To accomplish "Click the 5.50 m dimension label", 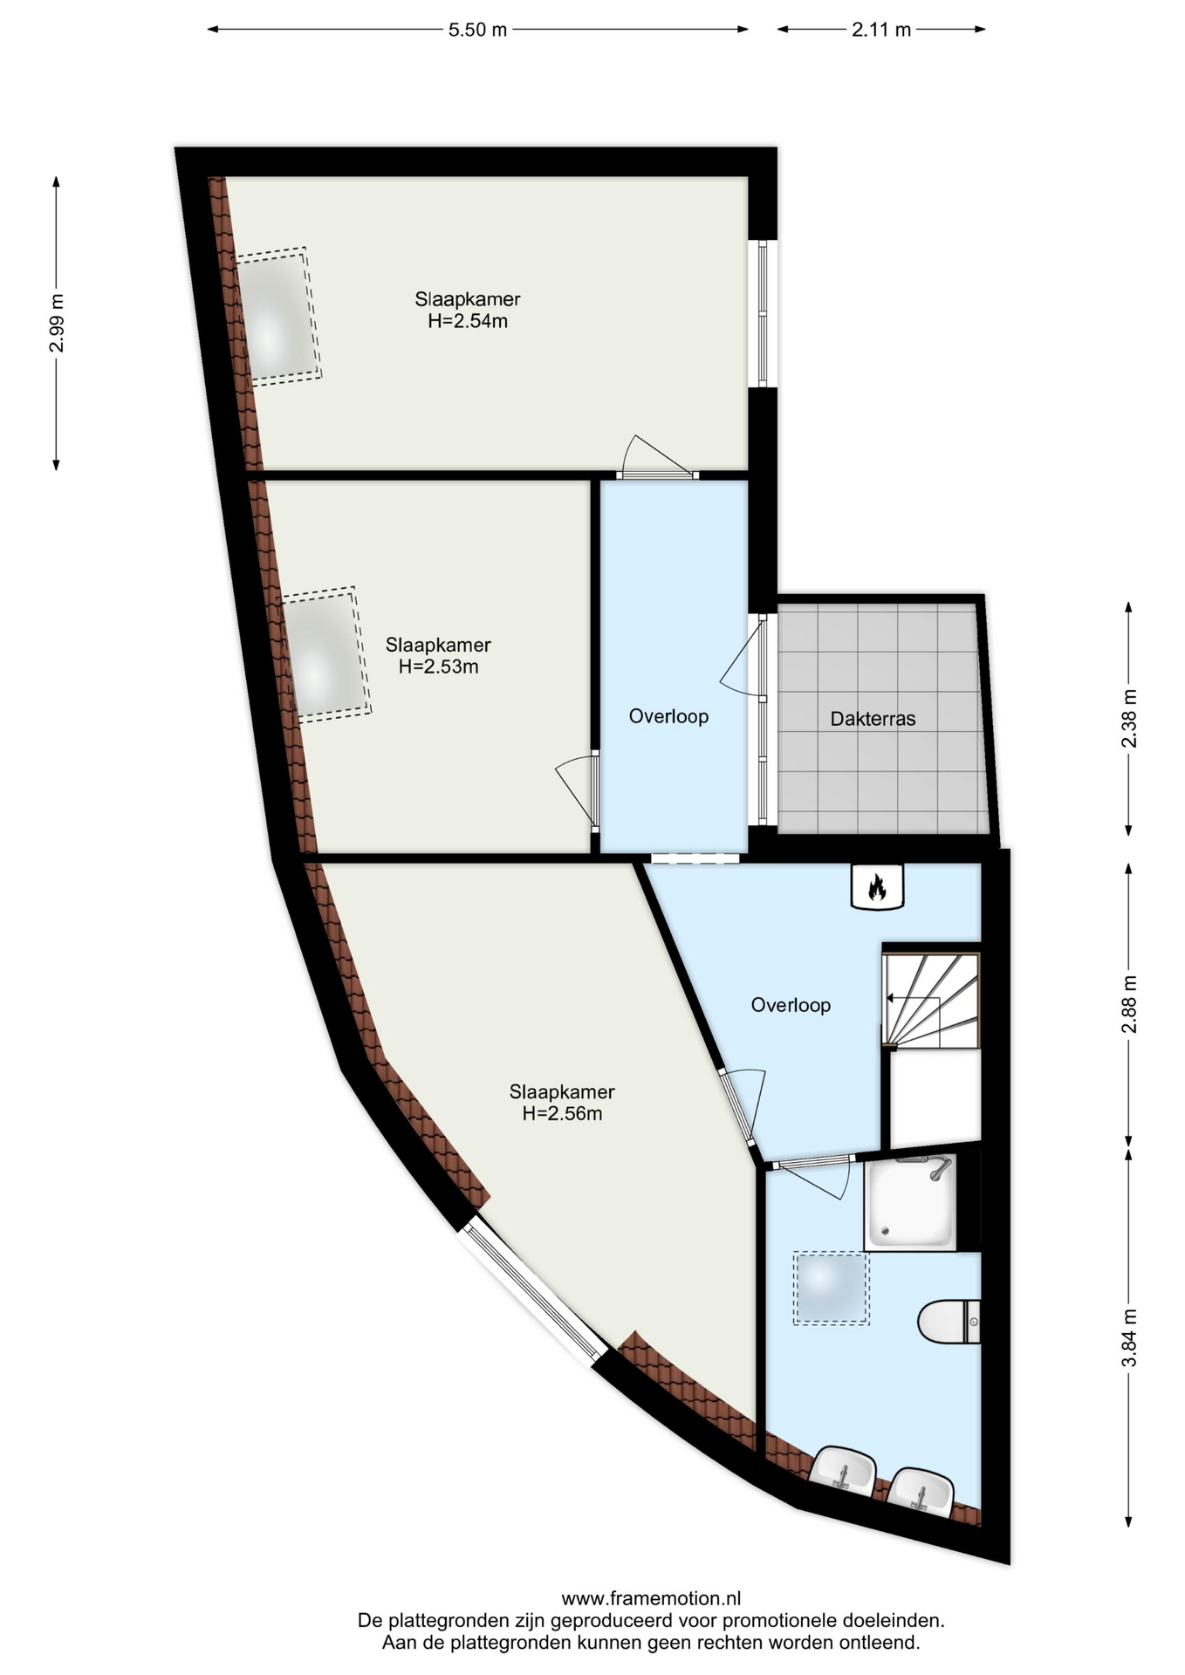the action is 477,30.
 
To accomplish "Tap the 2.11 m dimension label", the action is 881,30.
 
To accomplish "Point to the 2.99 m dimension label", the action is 57,323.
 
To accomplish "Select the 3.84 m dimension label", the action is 1129,1338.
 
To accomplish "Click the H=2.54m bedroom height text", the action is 468,321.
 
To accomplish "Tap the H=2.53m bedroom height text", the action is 438,667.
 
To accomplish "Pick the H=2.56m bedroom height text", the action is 562,1114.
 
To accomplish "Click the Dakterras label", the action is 873,719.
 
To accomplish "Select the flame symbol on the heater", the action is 877,887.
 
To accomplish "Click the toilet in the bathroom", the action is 949,1323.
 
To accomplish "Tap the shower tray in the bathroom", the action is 910,1201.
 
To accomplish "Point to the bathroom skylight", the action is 831,1289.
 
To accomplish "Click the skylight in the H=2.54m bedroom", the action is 277,315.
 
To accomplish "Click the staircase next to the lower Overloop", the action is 931,1000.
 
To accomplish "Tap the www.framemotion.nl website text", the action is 651,1598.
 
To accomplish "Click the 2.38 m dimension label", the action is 1129,719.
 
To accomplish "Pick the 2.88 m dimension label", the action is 1129,1004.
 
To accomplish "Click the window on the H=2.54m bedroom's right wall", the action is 762,313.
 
